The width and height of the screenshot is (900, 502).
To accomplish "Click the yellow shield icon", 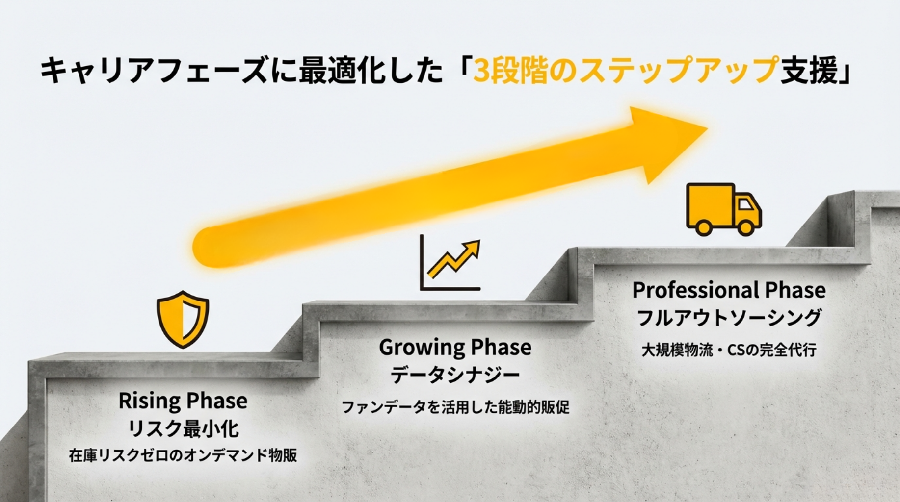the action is tap(183, 320).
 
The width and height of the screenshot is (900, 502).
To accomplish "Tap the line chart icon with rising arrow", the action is tap(450, 262).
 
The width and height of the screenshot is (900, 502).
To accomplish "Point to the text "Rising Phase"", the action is tap(183, 401).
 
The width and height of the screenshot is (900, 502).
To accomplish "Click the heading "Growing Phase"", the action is tap(455, 348).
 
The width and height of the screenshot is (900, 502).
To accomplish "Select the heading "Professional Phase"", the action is tap(729, 290).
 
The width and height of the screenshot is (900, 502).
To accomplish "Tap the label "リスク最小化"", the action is tap(183, 428).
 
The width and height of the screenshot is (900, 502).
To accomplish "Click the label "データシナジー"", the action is tap(455, 375).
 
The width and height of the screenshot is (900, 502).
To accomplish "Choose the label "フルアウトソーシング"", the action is tap(729, 317).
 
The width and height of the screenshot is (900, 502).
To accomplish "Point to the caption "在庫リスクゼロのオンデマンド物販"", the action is tap(183, 455).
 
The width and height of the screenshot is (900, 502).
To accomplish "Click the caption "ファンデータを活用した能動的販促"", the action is tap(455, 407).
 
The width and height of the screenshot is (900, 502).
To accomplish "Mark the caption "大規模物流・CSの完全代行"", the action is tap(729, 350).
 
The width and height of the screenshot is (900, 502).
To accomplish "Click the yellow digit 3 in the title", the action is tap(482, 71).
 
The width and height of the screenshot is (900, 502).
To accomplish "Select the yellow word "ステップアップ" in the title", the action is tap(679, 70).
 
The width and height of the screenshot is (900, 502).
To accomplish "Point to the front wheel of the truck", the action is tap(746, 227).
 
